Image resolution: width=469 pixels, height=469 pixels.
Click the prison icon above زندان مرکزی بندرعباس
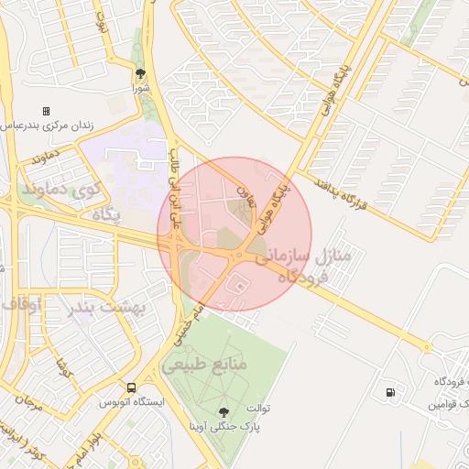pyautogui.click(x=47, y=111)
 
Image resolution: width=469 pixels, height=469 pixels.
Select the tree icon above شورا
pyautogui.click(x=140, y=73)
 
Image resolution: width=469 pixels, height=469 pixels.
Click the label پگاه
pyautogui.click(x=106, y=213)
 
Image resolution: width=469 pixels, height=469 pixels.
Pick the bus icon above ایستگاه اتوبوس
pyautogui.click(x=131, y=388)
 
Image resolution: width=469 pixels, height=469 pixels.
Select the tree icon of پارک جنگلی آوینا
pyautogui.click(x=225, y=412)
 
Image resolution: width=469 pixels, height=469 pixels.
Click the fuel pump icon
pyautogui.click(x=392, y=392)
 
